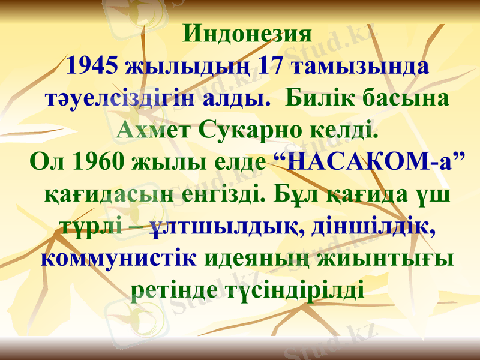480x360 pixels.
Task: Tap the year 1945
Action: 92,65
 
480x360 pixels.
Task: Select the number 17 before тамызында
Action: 269,65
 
